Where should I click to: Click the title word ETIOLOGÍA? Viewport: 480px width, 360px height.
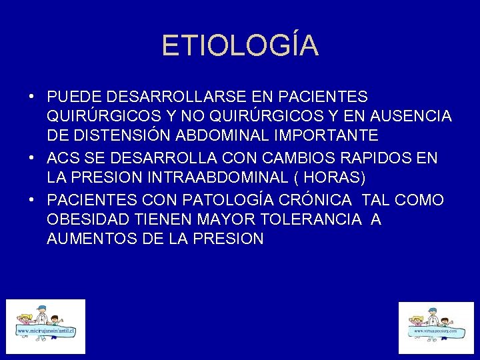(240, 45)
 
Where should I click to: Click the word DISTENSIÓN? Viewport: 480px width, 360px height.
(124, 136)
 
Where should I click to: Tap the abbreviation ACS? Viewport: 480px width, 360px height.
(63, 159)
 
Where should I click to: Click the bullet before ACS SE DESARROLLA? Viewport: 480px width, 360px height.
(32, 159)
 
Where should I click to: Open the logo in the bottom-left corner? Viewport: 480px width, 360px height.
(46, 327)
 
